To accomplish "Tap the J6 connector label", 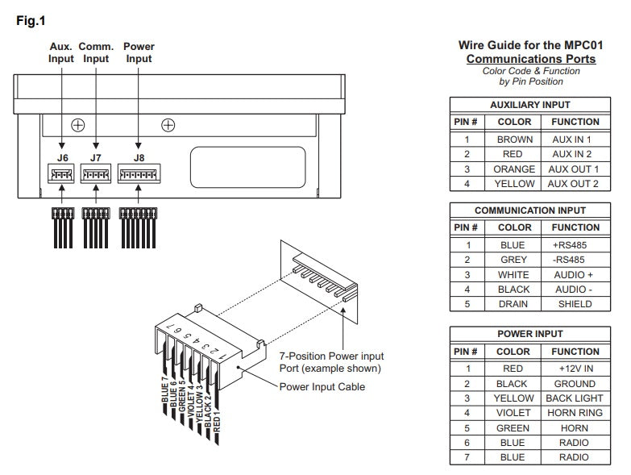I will point(63,158).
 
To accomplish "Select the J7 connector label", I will point(96,158).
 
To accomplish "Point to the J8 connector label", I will point(139,158).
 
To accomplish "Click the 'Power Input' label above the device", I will point(139,52).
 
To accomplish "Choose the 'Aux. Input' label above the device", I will point(61,52).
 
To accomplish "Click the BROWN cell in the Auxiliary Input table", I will point(514,140).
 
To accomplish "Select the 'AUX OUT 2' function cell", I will point(574,184).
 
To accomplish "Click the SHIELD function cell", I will point(575,304).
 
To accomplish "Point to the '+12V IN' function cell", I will point(575,369).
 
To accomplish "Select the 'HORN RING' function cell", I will point(575,413).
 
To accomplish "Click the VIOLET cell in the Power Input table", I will point(513,413).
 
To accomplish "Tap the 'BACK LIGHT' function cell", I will point(575,398).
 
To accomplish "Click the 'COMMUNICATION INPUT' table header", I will point(529,210).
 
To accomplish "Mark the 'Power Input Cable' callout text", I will point(322,386).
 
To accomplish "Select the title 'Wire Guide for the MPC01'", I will point(529,46).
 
